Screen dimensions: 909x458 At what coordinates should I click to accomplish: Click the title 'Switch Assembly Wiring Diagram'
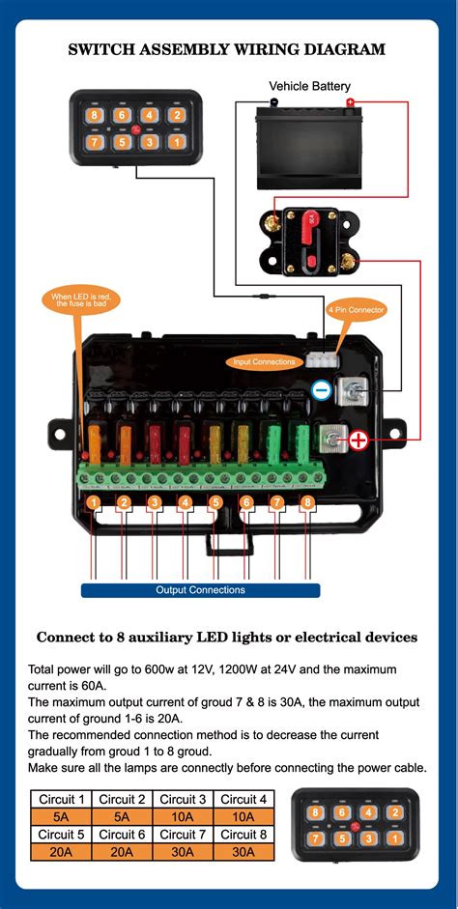click(x=227, y=48)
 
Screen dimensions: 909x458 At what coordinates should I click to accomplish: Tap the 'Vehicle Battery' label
click(x=309, y=87)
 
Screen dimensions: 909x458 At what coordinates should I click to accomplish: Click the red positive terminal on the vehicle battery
click(x=351, y=102)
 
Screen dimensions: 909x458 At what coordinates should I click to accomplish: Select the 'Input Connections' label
click(x=264, y=362)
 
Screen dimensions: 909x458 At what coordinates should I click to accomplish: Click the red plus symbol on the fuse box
click(x=358, y=441)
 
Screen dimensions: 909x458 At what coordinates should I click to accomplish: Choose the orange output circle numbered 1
click(x=93, y=502)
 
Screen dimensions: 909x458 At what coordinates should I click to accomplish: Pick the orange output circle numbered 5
click(x=215, y=502)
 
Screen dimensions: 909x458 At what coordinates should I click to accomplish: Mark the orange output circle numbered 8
click(x=307, y=502)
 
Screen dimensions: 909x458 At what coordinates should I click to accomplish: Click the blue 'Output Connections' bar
click(x=200, y=589)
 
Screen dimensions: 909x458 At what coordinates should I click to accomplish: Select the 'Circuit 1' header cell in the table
click(x=61, y=799)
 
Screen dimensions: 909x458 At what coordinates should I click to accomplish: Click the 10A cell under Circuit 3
click(x=183, y=816)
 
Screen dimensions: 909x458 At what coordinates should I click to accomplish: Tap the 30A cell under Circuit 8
click(x=243, y=852)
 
